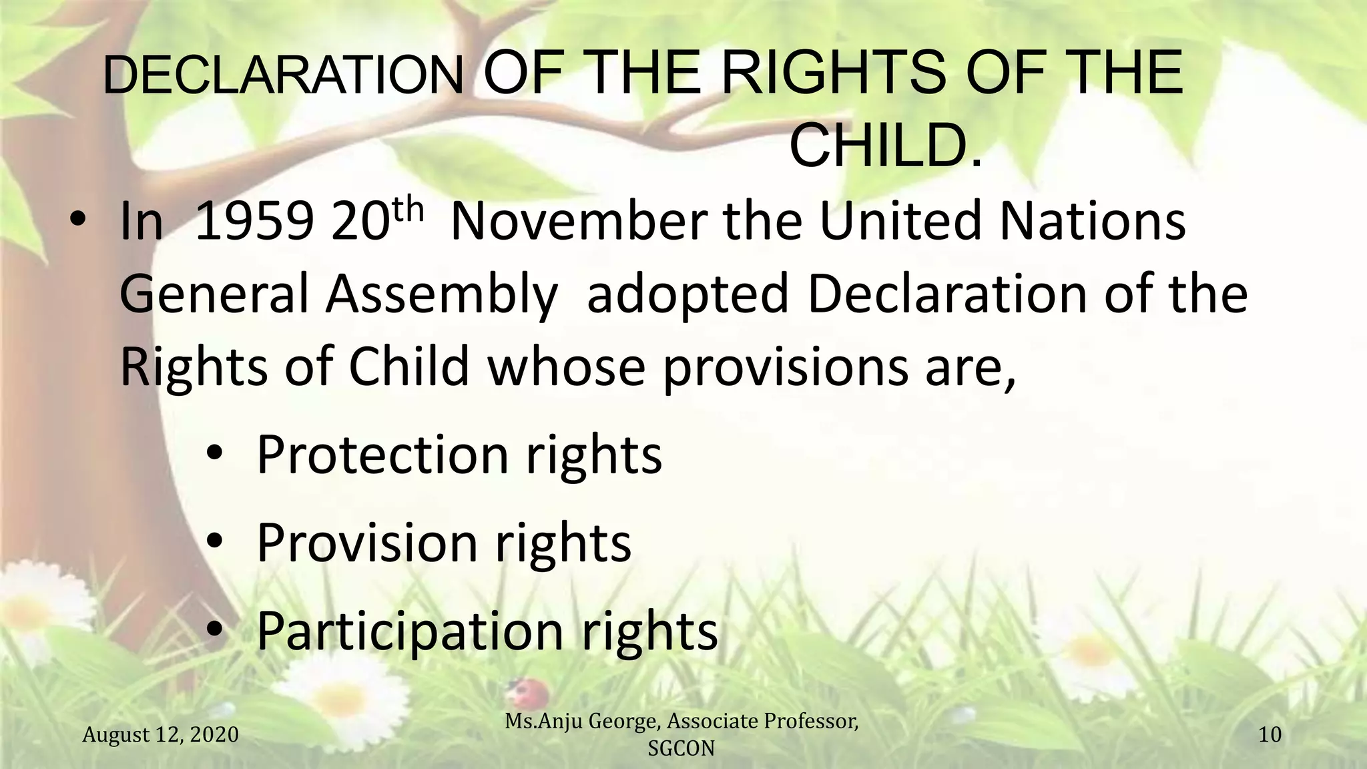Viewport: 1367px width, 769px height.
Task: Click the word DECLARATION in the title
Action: coord(283,75)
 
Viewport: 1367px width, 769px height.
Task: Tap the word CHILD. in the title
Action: coord(885,148)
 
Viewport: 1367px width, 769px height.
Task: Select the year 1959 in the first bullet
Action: coord(254,222)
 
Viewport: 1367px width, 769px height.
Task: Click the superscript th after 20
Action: coord(407,210)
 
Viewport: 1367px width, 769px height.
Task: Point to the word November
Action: coord(578,222)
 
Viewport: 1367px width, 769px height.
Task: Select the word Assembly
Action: coord(441,295)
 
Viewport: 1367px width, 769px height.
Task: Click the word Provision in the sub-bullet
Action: coord(367,543)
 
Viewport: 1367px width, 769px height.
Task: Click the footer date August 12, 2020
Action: coord(160,735)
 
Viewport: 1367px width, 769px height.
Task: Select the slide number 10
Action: coord(1270,735)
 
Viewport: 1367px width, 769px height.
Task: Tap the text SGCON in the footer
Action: coord(681,749)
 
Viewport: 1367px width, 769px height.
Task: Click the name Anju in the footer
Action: coord(586,722)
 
